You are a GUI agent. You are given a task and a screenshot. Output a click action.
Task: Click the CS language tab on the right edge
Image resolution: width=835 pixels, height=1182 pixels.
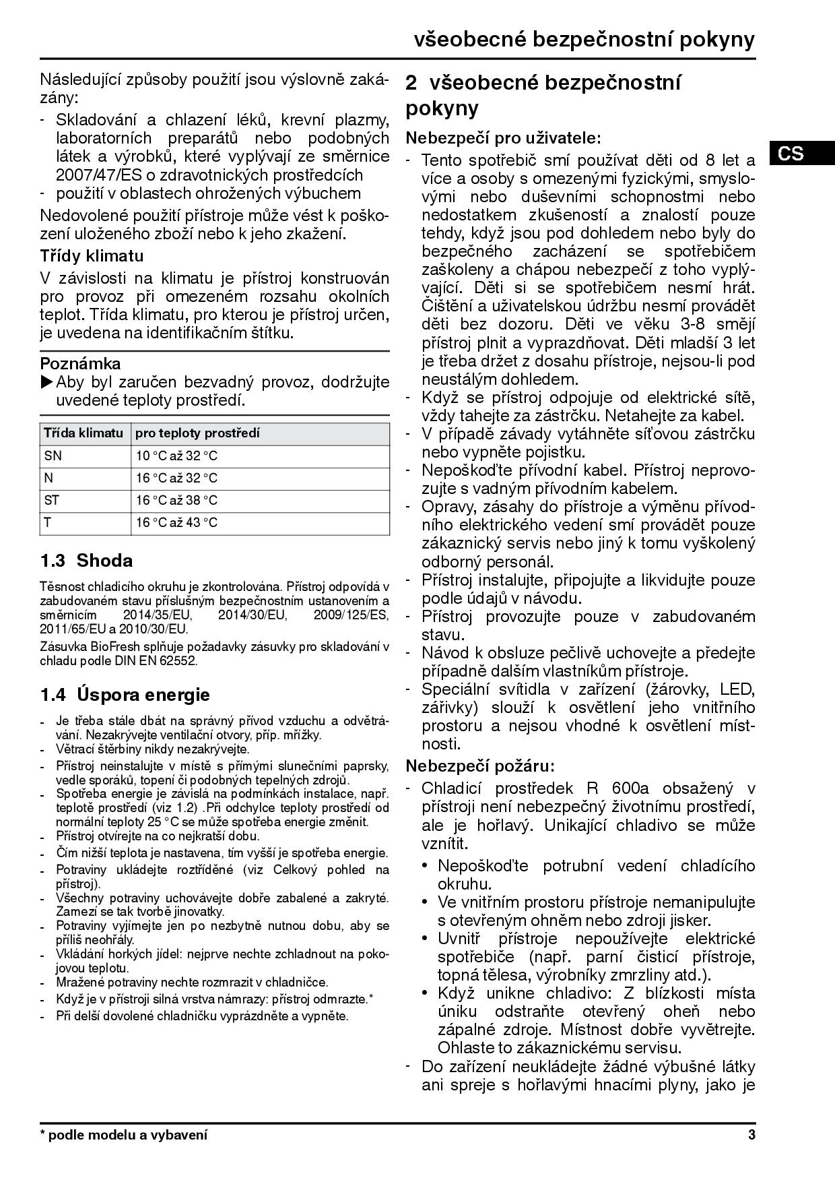[791, 154]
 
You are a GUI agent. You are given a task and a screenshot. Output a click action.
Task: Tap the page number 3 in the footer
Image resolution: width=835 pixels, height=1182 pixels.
[751, 1135]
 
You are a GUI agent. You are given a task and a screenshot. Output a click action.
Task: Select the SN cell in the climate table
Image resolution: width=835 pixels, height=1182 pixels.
[53, 456]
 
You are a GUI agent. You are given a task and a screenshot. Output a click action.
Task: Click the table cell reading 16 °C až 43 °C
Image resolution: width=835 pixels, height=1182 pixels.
[176, 522]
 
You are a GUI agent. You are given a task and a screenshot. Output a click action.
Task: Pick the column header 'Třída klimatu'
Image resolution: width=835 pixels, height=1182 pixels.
[83, 433]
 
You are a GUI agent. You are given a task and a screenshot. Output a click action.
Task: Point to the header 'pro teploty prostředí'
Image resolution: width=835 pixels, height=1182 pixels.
[197, 433]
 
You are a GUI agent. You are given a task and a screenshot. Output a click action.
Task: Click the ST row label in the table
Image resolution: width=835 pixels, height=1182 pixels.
[52, 500]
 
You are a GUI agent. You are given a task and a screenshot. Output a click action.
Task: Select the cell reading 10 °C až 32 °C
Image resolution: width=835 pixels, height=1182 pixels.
[176, 456]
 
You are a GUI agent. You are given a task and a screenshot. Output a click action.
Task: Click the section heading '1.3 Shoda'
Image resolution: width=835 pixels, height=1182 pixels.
[86, 561]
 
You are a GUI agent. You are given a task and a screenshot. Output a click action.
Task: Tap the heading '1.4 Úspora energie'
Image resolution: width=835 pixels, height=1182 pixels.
[125, 695]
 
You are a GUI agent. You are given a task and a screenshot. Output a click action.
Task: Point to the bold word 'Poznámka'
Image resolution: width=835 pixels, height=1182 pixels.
[80, 364]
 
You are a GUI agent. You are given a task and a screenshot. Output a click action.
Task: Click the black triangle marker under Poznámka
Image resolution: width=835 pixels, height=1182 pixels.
[46, 383]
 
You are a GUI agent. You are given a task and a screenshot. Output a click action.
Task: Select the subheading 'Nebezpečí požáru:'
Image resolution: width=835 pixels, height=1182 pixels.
[480, 766]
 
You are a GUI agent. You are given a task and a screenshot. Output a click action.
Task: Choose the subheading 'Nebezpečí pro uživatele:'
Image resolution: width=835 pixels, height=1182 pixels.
[503, 138]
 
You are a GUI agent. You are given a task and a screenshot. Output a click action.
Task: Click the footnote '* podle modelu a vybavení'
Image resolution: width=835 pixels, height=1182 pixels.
[124, 1135]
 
